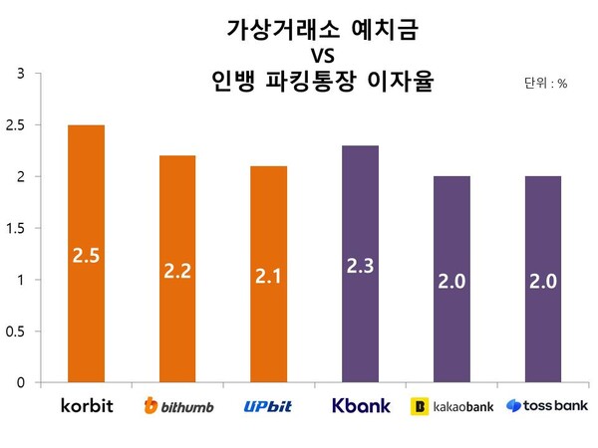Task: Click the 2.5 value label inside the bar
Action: coord(86,257)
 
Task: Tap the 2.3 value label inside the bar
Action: coord(360,266)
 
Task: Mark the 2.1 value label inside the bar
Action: coord(269,276)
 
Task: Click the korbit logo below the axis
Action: coord(86,406)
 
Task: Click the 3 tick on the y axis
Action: coord(22,74)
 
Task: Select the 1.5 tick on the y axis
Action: coord(17,228)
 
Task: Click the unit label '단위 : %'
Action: coord(545,85)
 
